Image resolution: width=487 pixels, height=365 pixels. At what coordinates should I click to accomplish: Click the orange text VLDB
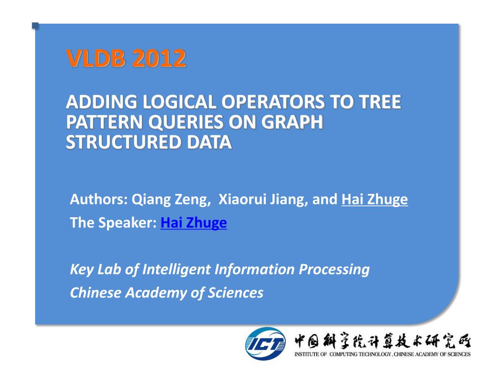[x=96, y=58]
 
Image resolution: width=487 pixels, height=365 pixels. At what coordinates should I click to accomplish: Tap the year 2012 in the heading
[x=159, y=58]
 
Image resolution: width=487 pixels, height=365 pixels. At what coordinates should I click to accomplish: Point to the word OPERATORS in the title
[x=273, y=102]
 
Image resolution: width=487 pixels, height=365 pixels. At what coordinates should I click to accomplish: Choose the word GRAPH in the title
[x=292, y=122]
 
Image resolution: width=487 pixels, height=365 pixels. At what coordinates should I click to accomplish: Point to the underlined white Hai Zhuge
[x=375, y=200]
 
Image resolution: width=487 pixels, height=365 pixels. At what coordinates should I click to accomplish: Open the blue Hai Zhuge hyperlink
[x=194, y=223]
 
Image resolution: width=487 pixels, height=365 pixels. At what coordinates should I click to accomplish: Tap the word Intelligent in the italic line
[x=176, y=269]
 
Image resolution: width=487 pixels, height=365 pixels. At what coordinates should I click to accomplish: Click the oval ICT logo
[x=265, y=344]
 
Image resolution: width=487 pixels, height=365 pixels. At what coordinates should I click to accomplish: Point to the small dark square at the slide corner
[x=35, y=26]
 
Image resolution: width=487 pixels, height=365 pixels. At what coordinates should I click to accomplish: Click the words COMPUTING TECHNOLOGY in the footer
[x=360, y=354]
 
